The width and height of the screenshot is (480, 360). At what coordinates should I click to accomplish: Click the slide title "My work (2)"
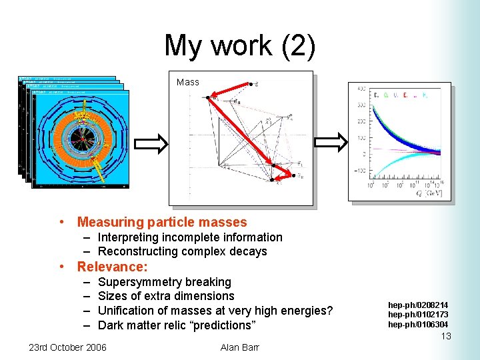pos(239,45)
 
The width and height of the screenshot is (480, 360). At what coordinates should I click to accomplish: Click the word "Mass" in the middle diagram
pos(187,82)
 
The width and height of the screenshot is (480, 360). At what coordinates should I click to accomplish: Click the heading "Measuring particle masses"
pos(162,222)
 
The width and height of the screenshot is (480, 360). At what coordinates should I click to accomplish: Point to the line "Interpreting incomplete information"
pos(190,237)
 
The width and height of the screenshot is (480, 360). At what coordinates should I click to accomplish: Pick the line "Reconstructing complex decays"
pos(182,251)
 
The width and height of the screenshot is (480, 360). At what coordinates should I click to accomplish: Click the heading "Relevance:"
pos(112,267)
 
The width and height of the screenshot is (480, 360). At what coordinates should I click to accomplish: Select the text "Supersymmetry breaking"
pos(164,282)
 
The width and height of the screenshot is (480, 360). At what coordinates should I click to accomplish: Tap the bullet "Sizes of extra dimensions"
pos(166,296)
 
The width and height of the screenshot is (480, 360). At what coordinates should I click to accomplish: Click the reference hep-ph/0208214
pos(418,305)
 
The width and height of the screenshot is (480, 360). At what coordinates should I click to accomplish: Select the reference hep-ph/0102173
pos(418,315)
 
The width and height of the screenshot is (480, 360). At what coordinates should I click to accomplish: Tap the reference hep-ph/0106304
pos(418,325)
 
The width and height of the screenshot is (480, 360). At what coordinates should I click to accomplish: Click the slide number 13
pos(446,337)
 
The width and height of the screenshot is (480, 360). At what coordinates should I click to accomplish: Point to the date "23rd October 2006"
pos(67,347)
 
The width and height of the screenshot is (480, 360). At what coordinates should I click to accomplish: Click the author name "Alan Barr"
pos(239,347)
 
